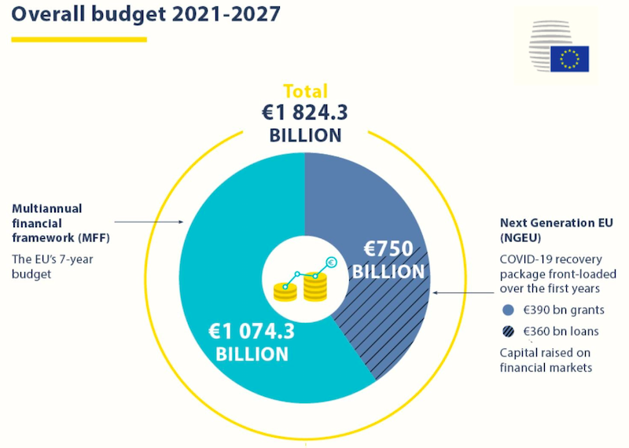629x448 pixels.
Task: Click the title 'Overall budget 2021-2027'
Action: [145, 15]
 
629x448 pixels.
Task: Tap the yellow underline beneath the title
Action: [79, 39]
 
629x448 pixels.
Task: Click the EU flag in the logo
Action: [569, 59]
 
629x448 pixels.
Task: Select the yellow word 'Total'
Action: [305, 91]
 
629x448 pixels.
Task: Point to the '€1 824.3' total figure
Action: [305, 112]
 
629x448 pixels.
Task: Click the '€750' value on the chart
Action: [388, 250]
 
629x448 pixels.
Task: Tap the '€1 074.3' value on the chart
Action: [252, 332]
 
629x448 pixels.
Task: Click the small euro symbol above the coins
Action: [332, 263]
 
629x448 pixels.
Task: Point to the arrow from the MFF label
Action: [149, 221]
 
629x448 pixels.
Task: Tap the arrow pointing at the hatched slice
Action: [464, 292]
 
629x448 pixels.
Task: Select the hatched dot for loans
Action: [507, 331]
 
